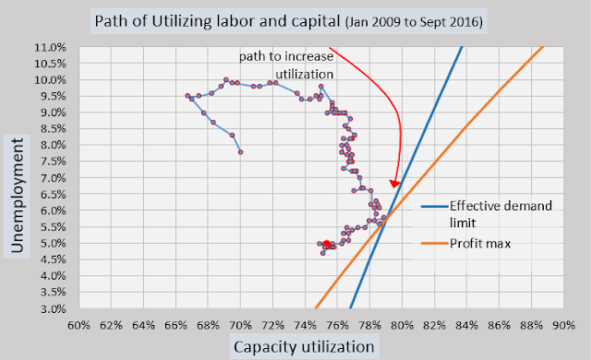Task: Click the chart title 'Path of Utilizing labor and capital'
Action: coord(218,21)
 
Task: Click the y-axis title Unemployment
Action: coord(18,196)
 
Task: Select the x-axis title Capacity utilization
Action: coord(304,346)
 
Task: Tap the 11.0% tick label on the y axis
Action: coord(50,47)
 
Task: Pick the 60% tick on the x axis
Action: coord(78,325)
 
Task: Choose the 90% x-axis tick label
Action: coord(563,325)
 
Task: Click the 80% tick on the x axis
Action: coord(403,325)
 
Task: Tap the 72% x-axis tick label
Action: coord(273,325)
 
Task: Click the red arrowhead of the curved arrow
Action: coord(394,184)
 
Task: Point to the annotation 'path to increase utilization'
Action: coord(286,65)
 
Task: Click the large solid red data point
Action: coord(327,244)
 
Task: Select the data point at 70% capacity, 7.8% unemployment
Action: coord(240,152)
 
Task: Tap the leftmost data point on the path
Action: coord(187,96)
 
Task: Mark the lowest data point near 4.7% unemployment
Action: coord(322,253)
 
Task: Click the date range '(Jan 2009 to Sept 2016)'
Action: coord(414,22)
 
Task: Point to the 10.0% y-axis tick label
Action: coord(50,80)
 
